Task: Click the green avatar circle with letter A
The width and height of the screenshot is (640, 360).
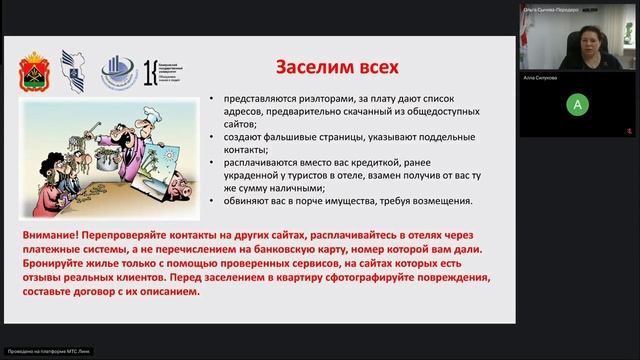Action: (576, 104)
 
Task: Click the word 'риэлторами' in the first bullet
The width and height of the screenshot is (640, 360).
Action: (302, 100)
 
